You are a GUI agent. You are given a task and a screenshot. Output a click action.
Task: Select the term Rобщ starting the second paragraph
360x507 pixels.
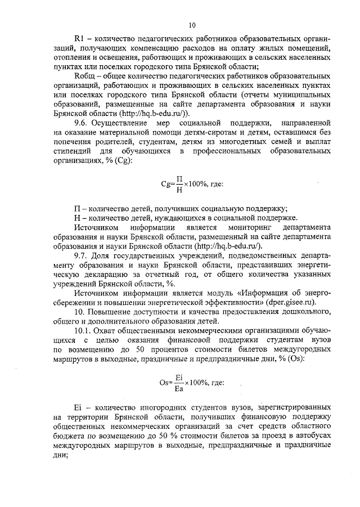84,75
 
